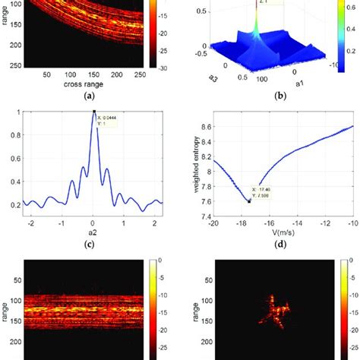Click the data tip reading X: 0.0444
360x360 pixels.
click(108, 120)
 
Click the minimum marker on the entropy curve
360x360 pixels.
click(248, 201)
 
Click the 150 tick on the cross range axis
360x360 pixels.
click(115, 75)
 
